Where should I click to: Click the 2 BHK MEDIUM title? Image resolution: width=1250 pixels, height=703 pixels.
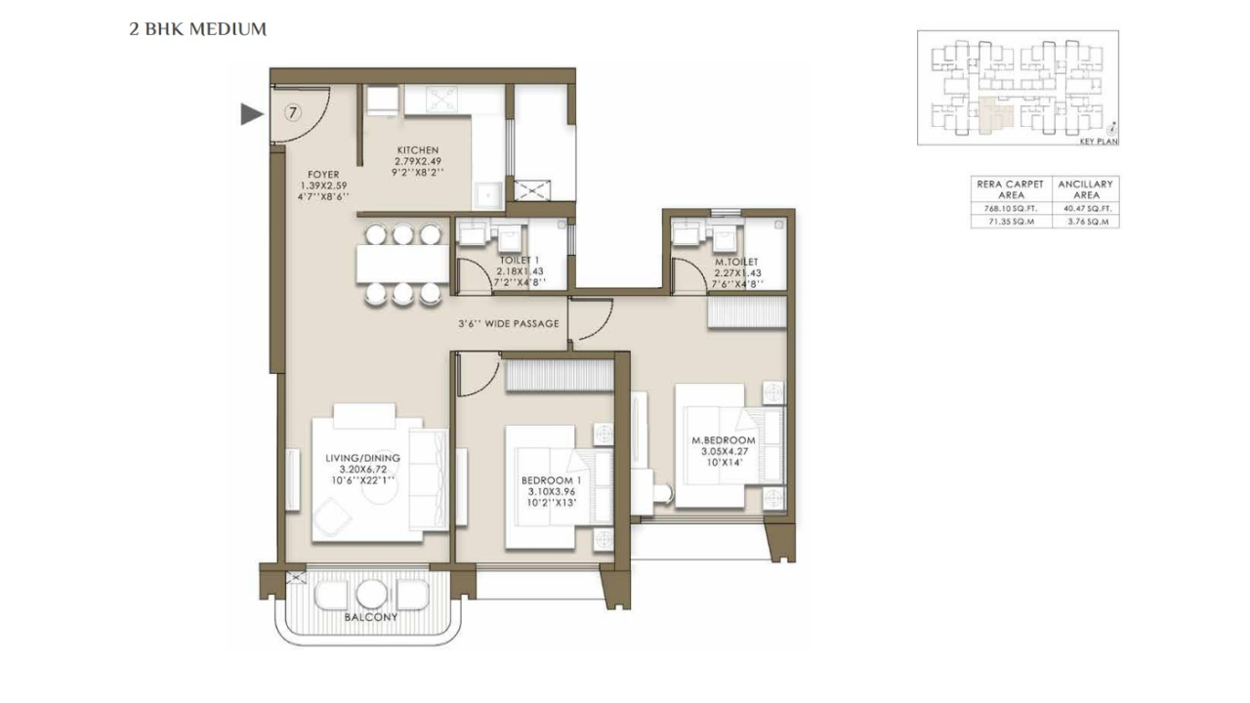click(198, 29)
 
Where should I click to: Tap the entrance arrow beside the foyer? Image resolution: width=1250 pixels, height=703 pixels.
click(252, 114)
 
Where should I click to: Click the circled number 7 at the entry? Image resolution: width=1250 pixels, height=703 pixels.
click(292, 111)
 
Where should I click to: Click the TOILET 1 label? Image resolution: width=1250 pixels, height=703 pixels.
click(520, 260)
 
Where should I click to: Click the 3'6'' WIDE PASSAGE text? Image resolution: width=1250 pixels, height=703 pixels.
click(508, 323)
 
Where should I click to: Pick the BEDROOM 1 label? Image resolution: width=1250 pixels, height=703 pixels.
click(551, 480)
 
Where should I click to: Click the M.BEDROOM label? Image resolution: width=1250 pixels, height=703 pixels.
click(729, 440)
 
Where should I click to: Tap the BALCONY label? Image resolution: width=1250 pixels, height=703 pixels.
click(370, 617)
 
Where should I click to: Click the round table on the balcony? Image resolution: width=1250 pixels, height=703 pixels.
click(371, 594)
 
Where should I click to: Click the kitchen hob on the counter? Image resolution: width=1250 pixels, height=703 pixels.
click(437, 100)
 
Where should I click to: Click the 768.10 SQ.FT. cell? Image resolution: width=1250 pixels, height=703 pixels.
click(1009, 208)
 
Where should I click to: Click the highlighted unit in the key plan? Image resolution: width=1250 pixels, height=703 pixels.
click(993, 116)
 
